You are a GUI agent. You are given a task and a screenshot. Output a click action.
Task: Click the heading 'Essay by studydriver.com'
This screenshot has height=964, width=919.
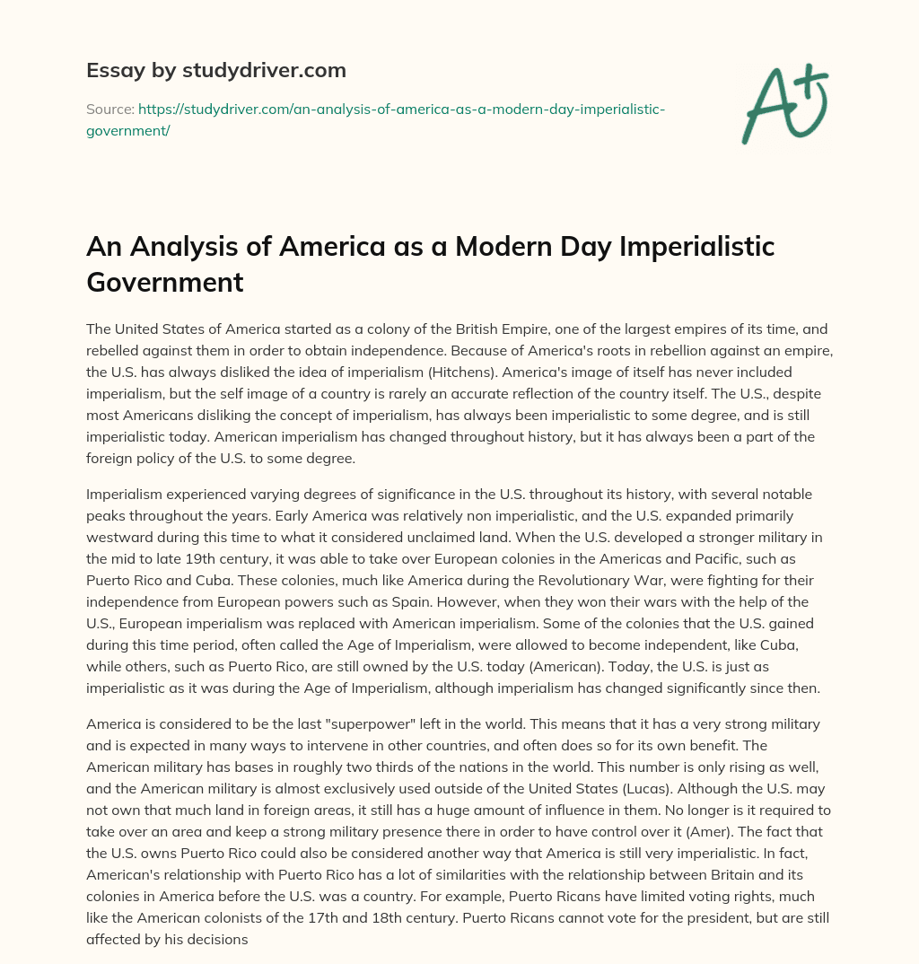(x=216, y=69)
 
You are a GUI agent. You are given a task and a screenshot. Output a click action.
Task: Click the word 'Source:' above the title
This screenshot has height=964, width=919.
(x=109, y=109)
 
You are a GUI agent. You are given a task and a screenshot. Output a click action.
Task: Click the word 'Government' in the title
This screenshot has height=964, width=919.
(x=165, y=282)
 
